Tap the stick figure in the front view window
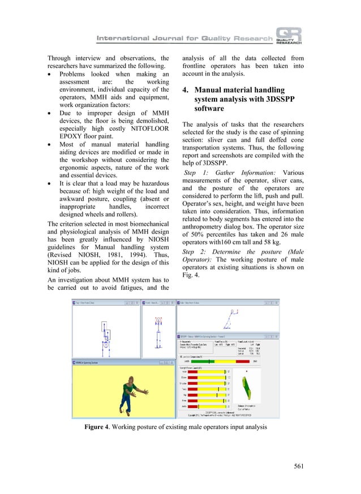[158, 328]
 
